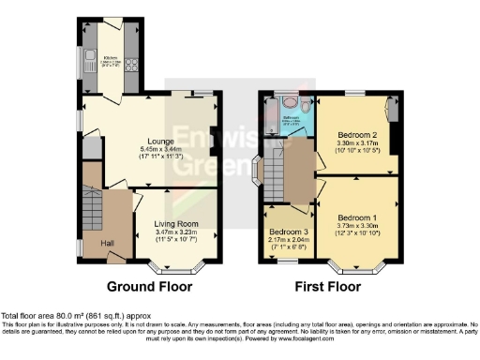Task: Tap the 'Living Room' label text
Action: click(176, 223)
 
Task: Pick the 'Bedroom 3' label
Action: click(289, 232)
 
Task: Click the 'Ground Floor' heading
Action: click(149, 286)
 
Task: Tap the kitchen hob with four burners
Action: click(132, 65)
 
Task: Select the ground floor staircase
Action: click(92, 203)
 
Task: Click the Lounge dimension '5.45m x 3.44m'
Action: click(161, 149)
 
